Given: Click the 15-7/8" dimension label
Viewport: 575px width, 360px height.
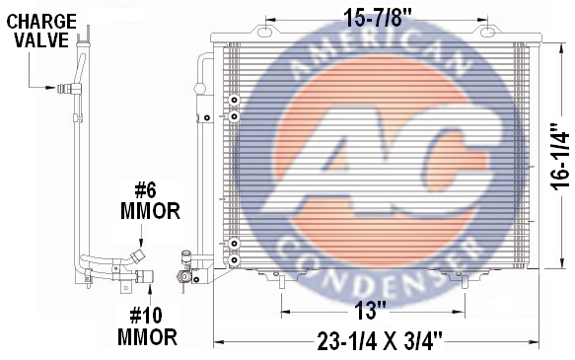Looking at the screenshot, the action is point(378,18).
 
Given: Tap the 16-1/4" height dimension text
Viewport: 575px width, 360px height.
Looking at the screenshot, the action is point(559,157).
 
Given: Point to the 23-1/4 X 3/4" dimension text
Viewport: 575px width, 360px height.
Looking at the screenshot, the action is point(380,341).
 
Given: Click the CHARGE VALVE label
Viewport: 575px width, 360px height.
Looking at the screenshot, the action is point(41,31).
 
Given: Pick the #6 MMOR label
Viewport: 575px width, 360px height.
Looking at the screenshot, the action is point(150,201).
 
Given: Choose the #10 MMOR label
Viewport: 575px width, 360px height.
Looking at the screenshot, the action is point(147,327).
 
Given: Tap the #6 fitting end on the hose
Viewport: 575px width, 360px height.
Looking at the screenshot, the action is point(138,254).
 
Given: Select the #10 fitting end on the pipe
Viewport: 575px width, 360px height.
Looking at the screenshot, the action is point(145,276).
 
